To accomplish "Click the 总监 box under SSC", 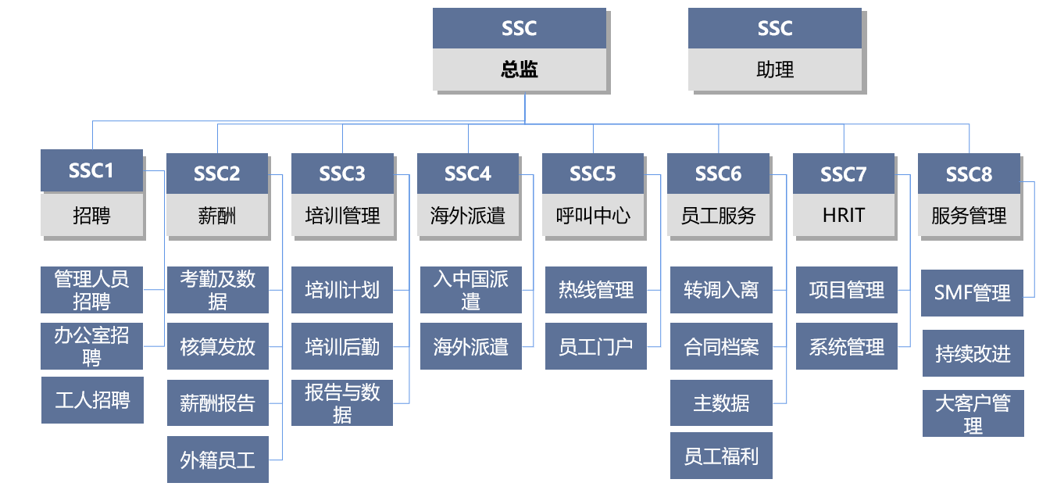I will coord(520,70).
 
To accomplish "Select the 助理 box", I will coord(775,70).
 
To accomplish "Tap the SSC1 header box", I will coord(91,170).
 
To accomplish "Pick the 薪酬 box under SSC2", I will coord(217,215).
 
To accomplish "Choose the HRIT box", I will coord(844,215).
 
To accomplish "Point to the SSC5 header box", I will coord(593,173).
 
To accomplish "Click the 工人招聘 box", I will coord(92,400).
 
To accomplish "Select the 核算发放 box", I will coord(218,346).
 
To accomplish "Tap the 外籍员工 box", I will coord(218,460).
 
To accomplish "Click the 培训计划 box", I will coord(342,290).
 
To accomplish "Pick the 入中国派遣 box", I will coord(471,290).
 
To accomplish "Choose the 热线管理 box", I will coord(596,290).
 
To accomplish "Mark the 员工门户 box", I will coord(596,346).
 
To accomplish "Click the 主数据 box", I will coord(721,402).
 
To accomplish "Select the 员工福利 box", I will coord(721,456).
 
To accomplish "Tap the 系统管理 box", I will coord(847,346).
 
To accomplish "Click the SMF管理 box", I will coord(972,293).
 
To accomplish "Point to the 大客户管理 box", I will coord(973,414).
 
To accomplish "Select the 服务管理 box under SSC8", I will coord(969,215).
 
